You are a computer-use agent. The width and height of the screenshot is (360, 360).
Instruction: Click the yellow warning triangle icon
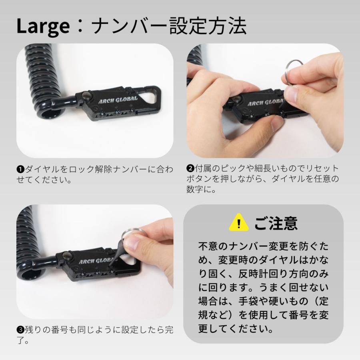pos(239,223)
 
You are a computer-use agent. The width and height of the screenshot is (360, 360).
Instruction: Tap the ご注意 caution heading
pos(276,223)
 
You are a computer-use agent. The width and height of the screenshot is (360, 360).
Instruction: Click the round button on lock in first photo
pos(86,95)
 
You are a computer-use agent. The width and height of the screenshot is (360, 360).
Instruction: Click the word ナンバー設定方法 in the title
pos(168,26)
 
